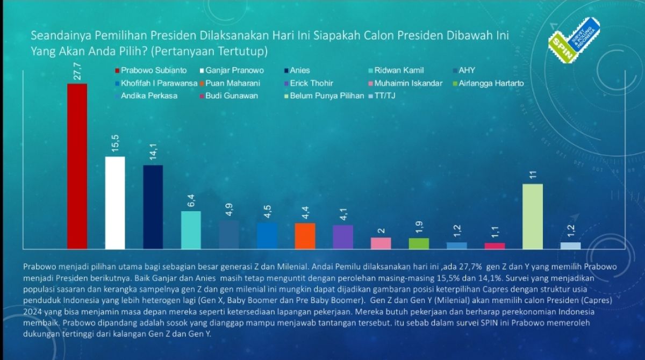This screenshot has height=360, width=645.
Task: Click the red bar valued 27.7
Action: [77, 166]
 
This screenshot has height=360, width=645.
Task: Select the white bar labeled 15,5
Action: [114, 203]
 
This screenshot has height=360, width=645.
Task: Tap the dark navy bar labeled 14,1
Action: [153, 207]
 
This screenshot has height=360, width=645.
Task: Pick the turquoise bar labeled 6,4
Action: [191, 229]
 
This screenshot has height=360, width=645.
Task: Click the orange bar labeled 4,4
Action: [305, 235]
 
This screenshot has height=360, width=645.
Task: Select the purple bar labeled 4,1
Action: [343, 236]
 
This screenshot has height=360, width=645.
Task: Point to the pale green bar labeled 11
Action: [533, 216]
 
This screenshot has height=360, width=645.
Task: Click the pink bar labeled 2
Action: [381, 243]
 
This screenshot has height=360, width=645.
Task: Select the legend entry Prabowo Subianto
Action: [150, 70]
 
